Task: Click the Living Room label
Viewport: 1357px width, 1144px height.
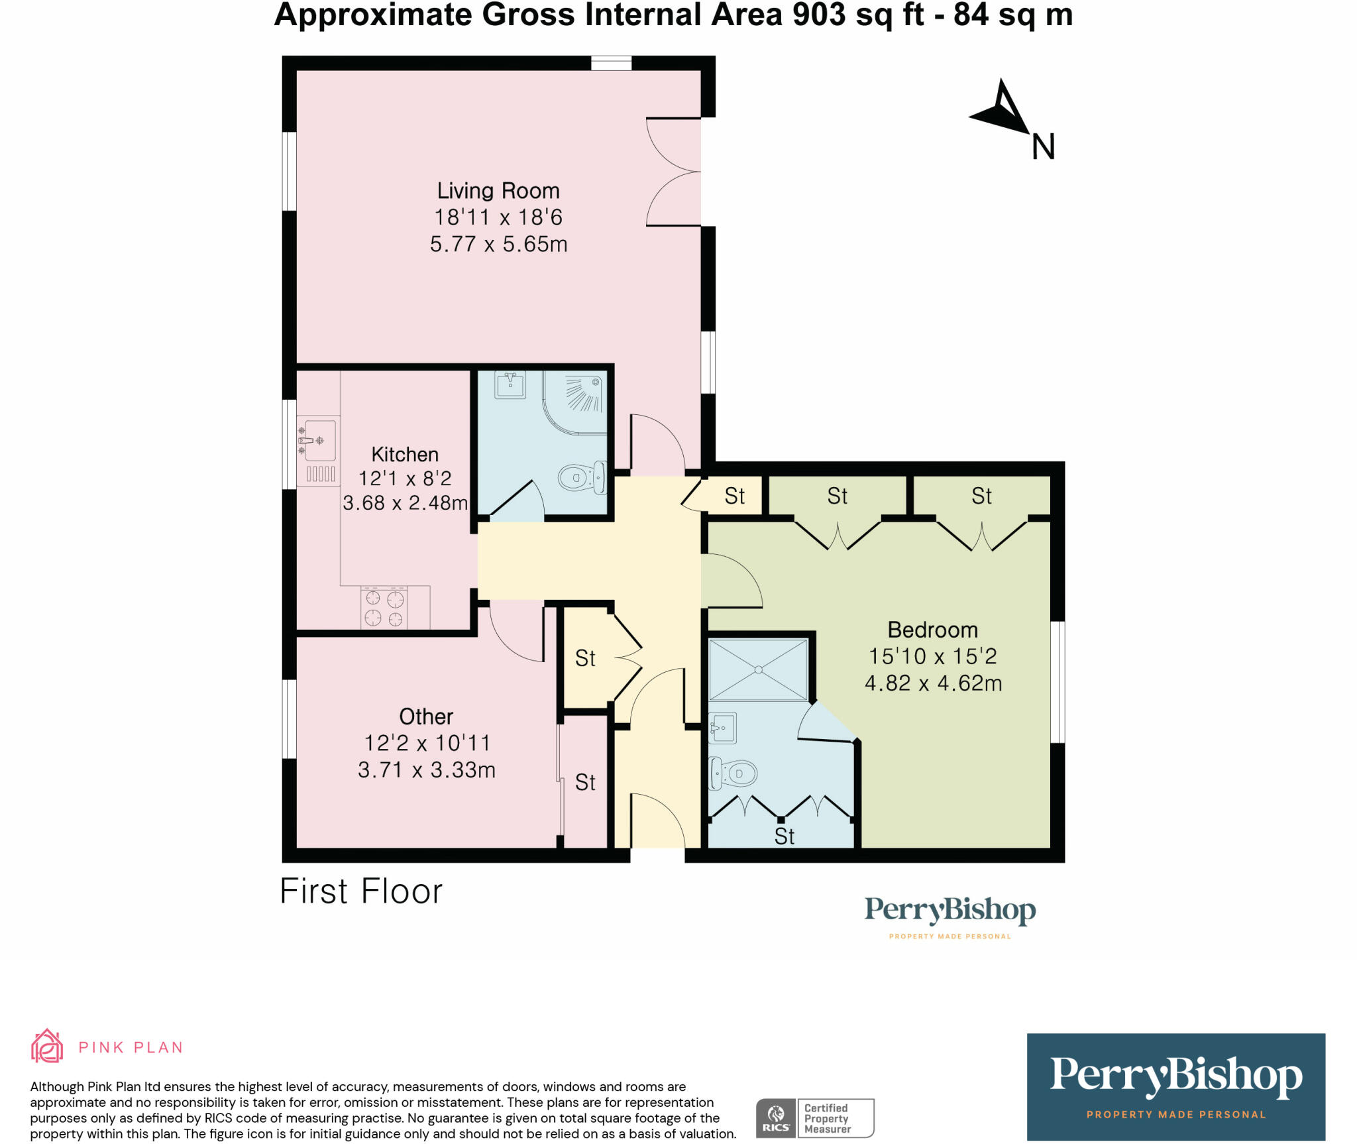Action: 498,191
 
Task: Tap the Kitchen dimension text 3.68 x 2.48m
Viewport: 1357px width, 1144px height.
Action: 405,503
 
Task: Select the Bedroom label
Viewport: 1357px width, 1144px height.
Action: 932,630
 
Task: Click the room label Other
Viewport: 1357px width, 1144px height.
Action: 426,716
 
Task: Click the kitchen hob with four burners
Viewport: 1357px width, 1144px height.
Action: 384,608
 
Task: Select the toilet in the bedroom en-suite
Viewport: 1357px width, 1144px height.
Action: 733,773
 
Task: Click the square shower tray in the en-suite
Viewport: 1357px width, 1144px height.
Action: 758,669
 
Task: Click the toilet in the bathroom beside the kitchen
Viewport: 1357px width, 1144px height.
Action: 582,477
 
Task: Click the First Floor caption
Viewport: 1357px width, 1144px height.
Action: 361,891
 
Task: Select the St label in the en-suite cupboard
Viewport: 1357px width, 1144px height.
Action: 784,836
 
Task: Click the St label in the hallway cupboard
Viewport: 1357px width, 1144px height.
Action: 585,658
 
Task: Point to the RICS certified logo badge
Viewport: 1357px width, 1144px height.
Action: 814,1118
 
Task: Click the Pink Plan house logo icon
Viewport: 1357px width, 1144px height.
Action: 47,1047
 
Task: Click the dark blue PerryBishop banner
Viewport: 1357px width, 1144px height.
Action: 1175,1086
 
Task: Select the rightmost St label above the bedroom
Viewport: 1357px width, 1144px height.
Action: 981,496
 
